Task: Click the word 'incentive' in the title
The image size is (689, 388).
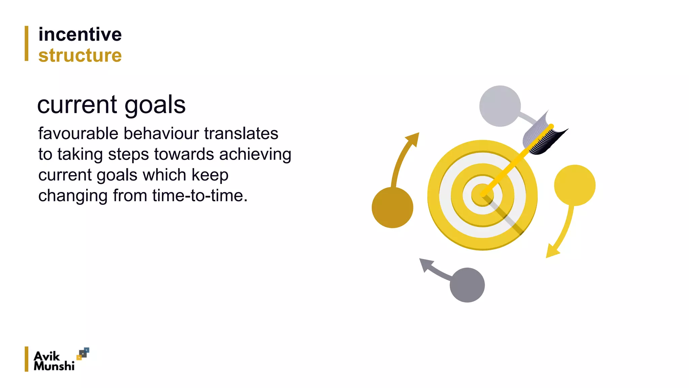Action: [80, 34]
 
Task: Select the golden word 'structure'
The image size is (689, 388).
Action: [80, 55]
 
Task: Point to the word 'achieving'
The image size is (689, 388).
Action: [255, 155]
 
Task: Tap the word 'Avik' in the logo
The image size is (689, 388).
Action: [47, 356]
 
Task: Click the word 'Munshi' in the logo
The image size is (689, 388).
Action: [54, 366]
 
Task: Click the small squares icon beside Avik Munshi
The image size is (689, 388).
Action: [83, 354]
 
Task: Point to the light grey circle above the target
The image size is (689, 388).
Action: [500, 106]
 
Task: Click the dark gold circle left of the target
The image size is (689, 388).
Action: [392, 207]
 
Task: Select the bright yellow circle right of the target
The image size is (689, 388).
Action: [575, 185]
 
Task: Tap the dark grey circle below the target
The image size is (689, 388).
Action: [467, 285]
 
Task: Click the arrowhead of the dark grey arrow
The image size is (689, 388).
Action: [425, 264]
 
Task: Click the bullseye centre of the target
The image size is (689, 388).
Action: [482, 195]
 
